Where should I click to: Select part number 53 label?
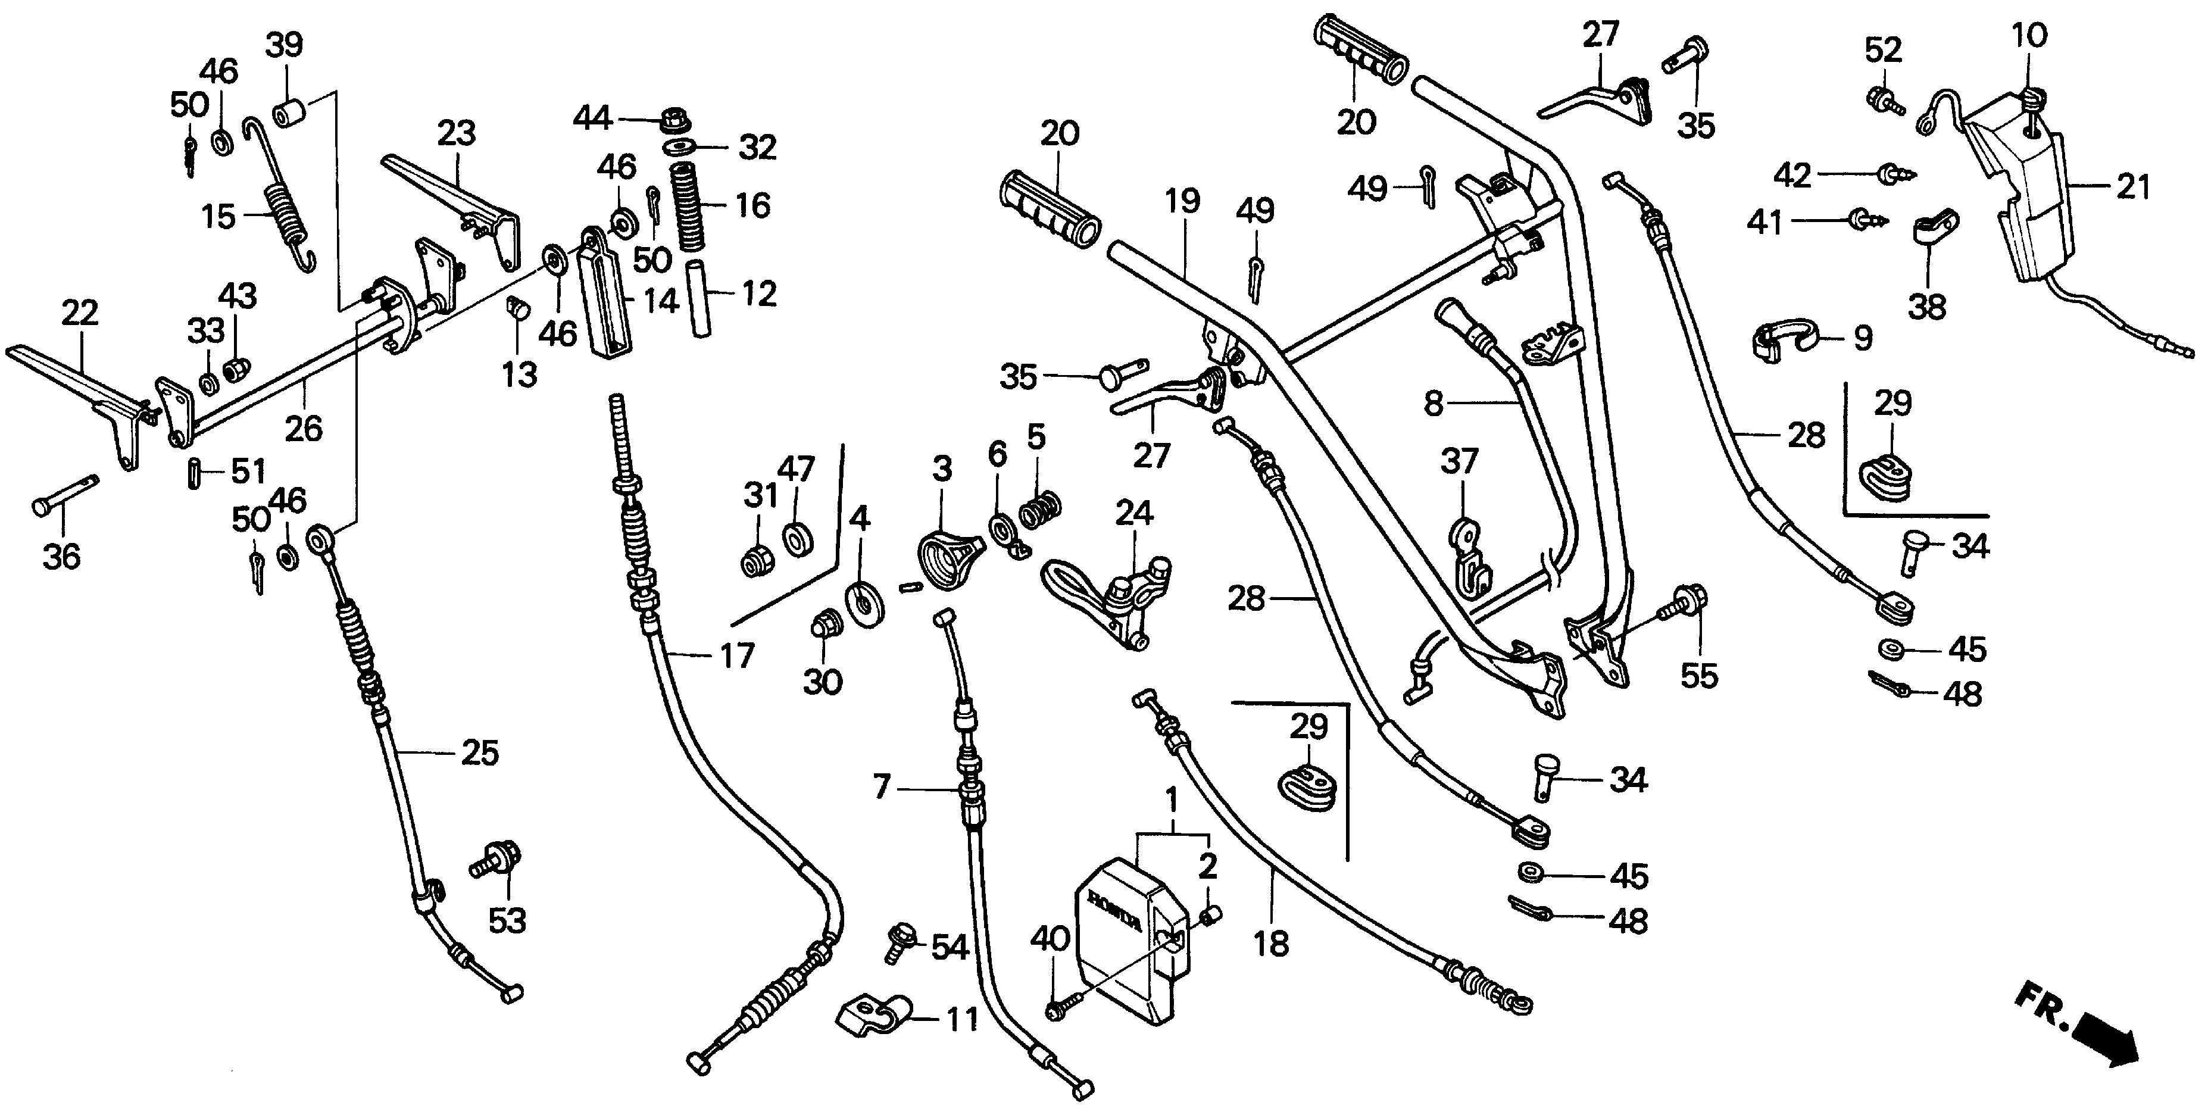(x=507, y=921)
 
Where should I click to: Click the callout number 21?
(x=2134, y=186)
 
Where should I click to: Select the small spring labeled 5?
(x=1040, y=508)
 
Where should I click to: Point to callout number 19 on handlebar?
(x=1182, y=201)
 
